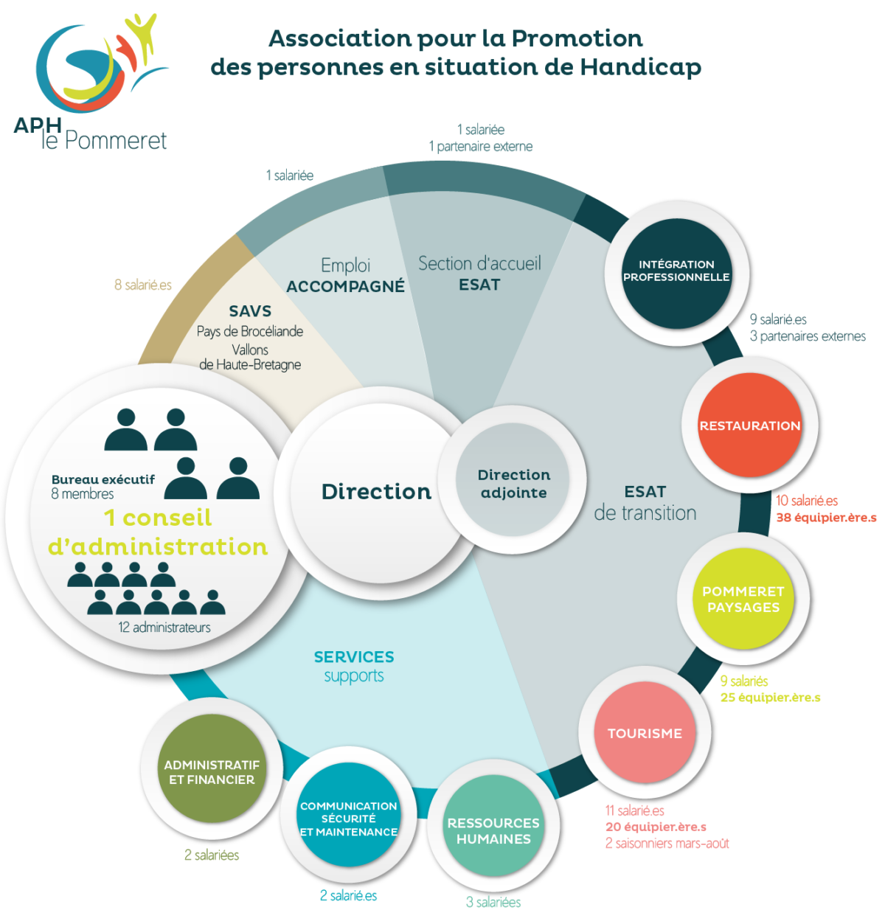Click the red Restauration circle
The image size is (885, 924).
pyautogui.click(x=749, y=425)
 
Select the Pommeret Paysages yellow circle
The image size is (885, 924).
pyautogui.click(x=743, y=599)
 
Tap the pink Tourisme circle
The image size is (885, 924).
pyautogui.click(x=645, y=733)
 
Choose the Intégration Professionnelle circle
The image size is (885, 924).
pyautogui.click(x=676, y=271)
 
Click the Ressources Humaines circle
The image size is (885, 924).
pyautogui.click(x=493, y=830)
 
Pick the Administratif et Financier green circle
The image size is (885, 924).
pyautogui.click(x=212, y=772)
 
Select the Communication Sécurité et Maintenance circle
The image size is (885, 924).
pyautogui.click(x=348, y=819)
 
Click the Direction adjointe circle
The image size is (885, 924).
pyautogui.click(x=513, y=484)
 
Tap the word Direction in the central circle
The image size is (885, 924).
pyautogui.click(x=376, y=492)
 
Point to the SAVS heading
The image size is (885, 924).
pyautogui.click(x=250, y=311)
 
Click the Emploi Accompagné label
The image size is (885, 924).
pyautogui.click(x=345, y=276)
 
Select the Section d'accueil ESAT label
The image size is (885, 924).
pyautogui.click(x=479, y=274)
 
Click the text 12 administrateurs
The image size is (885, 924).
pyautogui.click(x=164, y=628)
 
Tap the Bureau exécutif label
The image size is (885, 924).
pyautogui.click(x=103, y=479)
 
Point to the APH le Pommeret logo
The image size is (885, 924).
pyautogui.click(x=92, y=81)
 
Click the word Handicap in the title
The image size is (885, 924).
pyautogui.click(x=640, y=67)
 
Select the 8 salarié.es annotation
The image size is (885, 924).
pyautogui.click(x=143, y=285)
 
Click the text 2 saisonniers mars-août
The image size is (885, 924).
pyautogui.click(x=667, y=843)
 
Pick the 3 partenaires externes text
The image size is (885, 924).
pyautogui.click(x=808, y=336)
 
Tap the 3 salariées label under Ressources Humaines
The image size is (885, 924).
pyautogui.click(x=493, y=902)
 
